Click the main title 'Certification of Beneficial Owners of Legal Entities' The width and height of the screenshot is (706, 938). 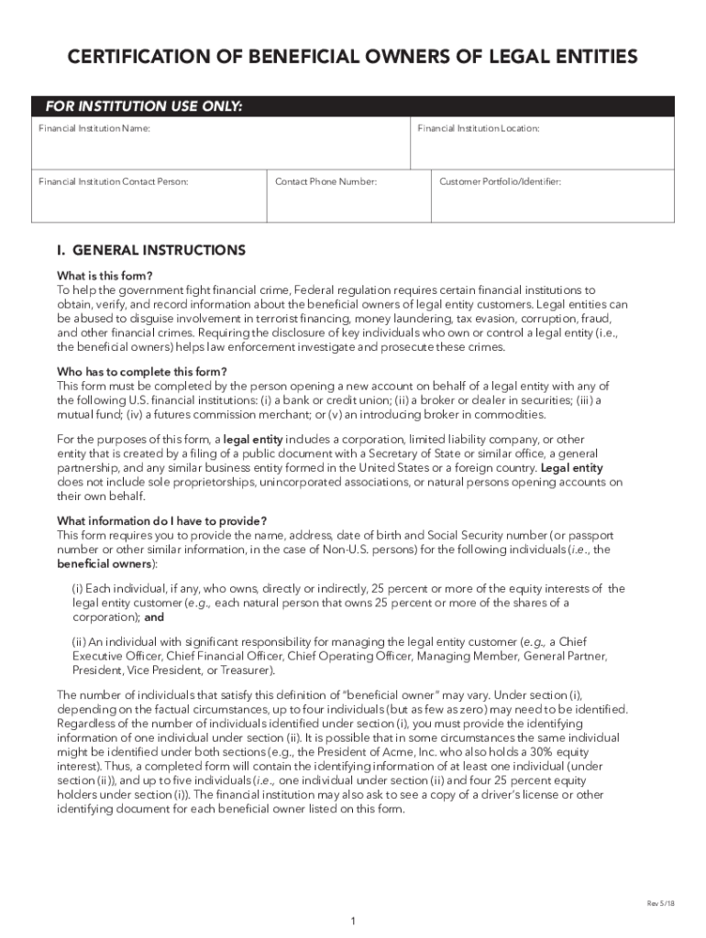(353, 59)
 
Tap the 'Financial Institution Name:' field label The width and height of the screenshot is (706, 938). (94, 129)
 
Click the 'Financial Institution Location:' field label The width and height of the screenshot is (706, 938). (478, 129)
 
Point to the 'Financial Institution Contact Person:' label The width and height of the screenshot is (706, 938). (114, 182)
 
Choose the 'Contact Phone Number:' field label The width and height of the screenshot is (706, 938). (325, 182)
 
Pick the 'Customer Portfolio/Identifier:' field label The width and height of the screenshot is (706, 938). (500, 182)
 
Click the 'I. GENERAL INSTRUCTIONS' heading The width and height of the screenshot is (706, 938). (151, 250)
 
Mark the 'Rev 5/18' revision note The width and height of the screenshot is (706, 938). (660, 903)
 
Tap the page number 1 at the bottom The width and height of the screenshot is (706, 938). (353, 922)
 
